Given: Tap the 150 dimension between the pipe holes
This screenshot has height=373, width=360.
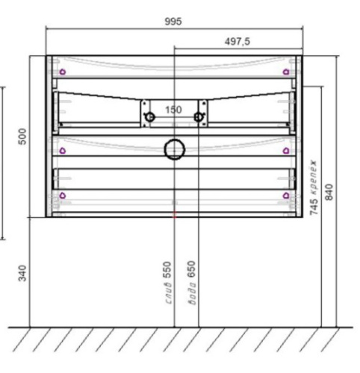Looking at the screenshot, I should (173, 110).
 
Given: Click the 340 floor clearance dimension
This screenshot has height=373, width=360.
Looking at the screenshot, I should (23, 273).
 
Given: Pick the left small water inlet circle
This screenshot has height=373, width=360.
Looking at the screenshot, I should (150, 116).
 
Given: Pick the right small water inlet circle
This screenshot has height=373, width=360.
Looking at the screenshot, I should (199, 116).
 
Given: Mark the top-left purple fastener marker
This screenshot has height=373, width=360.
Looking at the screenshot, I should (62, 72).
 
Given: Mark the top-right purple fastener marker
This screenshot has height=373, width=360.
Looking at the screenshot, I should (286, 72).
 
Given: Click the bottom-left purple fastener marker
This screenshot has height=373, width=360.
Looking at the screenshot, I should (62, 196).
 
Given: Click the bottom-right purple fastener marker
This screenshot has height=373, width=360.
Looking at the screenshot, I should (286, 196).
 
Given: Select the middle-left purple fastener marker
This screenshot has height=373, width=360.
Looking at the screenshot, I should (62, 150).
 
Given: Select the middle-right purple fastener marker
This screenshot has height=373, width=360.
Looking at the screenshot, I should (286, 150).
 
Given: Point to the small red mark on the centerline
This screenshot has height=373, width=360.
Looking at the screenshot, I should (174, 215).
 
